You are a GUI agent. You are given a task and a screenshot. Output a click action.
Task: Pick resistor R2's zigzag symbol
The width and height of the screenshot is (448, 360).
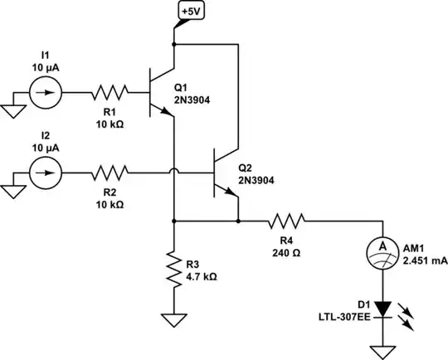[x=110, y=173]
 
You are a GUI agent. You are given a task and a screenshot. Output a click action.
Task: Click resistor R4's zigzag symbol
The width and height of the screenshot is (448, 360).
[x=286, y=221]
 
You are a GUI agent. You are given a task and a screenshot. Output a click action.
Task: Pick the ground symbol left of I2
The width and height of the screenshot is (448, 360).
[x=12, y=188]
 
